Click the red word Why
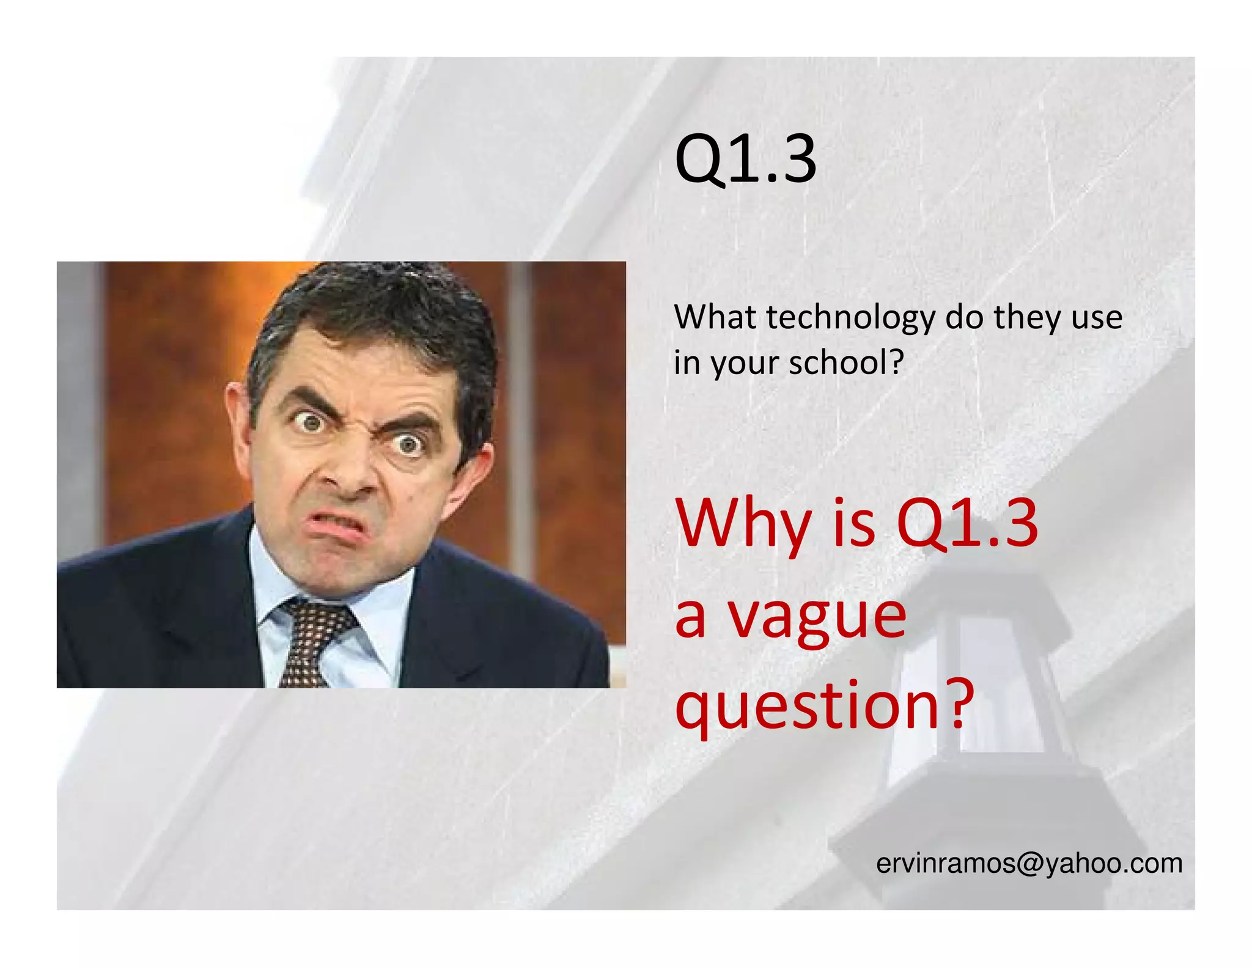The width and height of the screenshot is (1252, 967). click(x=743, y=524)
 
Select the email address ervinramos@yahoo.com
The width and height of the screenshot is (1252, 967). click(x=1029, y=864)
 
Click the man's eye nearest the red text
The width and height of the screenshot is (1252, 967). click(x=408, y=445)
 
